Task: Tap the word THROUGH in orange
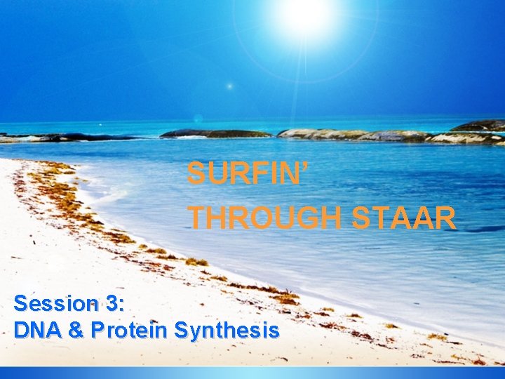coord(267,218)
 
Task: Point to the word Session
coord(55,304)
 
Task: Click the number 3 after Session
coord(112,304)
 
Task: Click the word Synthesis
coord(227,329)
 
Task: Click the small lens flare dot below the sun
coord(229,86)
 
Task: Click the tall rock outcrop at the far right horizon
coord(479,126)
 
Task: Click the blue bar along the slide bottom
coord(252,373)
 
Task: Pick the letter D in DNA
coord(20,329)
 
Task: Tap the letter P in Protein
coord(98,329)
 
